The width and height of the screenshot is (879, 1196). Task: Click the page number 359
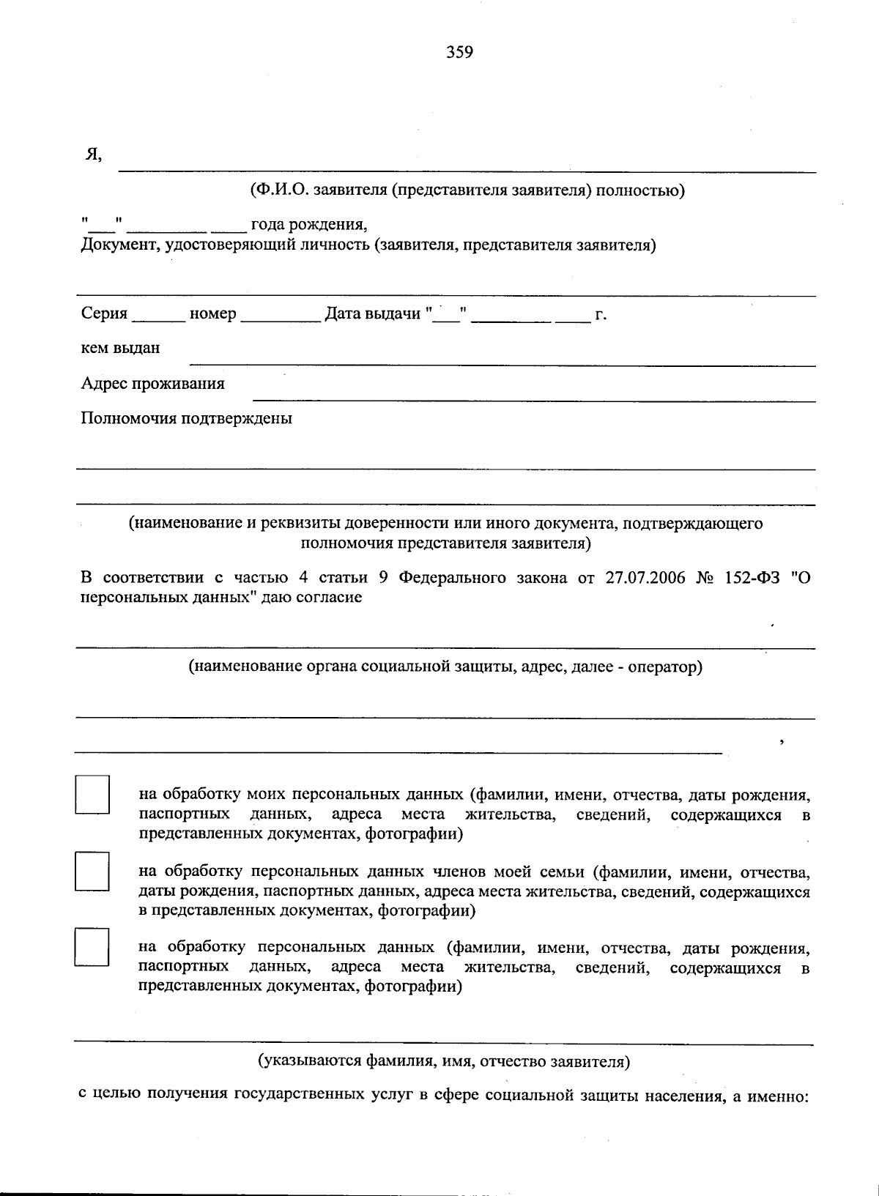(x=460, y=52)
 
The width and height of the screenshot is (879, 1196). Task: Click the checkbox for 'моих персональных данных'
(x=92, y=795)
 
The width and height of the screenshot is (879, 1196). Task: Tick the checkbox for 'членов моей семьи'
(x=92, y=871)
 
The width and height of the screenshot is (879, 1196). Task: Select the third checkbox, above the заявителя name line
(x=92, y=947)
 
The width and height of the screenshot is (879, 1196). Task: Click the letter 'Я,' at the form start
(x=93, y=155)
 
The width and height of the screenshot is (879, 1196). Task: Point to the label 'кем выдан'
(x=120, y=348)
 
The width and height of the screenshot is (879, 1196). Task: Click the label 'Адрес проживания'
(x=153, y=384)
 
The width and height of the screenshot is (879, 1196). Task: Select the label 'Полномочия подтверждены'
(x=187, y=418)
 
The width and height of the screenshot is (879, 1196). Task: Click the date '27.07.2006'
(x=645, y=577)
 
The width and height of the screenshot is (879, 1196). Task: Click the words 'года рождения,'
(x=308, y=224)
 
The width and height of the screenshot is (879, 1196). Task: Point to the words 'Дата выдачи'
(x=372, y=314)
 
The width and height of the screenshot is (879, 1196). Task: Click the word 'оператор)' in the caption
(x=670, y=667)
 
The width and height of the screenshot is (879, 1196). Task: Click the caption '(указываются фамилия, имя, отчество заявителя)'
(x=443, y=1061)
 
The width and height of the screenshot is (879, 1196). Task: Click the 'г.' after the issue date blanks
(x=601, y=315)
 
